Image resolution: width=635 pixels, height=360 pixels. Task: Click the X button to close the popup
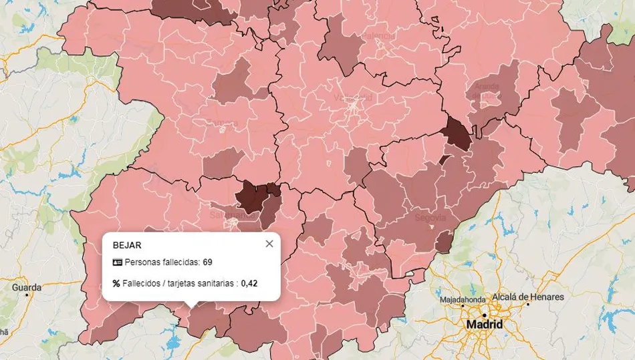tap(269, 244)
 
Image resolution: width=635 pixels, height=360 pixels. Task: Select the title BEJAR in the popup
tap(127, 244)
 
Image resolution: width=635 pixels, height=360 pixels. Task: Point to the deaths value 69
tap(207, 262)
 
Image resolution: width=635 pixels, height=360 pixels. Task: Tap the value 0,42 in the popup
tap(249, 283)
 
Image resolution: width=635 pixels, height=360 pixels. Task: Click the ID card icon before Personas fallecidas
tap(117, 262)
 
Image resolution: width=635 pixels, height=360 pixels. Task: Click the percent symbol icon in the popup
tap(116, 283)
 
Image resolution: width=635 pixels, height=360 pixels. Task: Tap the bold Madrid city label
tap(485, 324)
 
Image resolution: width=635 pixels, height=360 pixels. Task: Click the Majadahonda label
tap(466, 300)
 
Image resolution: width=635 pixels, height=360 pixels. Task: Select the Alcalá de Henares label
tap(527, 297)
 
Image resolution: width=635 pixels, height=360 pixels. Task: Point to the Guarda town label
tap(26, 287)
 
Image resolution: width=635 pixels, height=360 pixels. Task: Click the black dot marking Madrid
tap(494, 313)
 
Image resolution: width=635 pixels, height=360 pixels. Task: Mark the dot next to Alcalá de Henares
tap(527, 305)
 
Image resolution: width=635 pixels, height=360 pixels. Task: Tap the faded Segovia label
tap(430, 218)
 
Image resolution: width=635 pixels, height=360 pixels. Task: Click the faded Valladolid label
tap(352, 98)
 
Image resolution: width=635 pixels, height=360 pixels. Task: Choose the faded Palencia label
tap(378, 35)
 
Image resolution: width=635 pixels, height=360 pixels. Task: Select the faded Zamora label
tap(222, 123)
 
